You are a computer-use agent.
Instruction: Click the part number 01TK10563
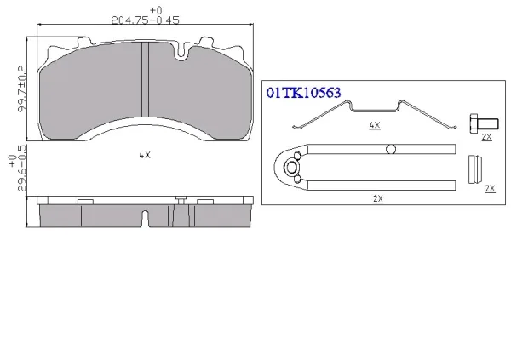pyautogui.click(x=304, y=93)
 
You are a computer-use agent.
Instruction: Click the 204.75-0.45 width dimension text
pyautogui.click(x=146, y=20)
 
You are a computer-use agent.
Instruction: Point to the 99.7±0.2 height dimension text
pyautogui.click(x=22, y=89)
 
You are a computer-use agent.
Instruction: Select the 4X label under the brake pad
pyautogui.click(x=145, y=155)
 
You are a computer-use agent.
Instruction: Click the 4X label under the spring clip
pyautogui.click(x=375, y=125)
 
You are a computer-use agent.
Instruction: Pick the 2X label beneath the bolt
pyautogui.click(x=486, y=137)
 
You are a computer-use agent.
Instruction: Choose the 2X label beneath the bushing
pyautogui.click(x=490, y=189)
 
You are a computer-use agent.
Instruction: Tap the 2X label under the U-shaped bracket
pyautogui.click(x=378, y=199)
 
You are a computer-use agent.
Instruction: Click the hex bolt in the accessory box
pyautogui.click(x=484, y=123)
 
